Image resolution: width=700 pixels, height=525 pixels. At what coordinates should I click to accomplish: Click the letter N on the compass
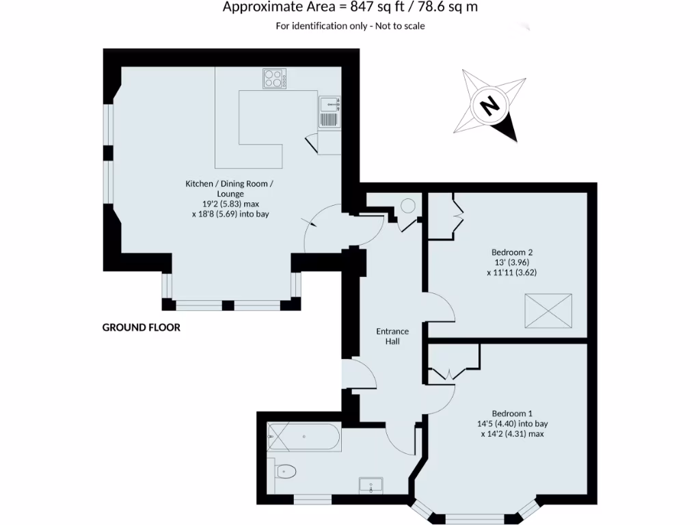pos(489,106)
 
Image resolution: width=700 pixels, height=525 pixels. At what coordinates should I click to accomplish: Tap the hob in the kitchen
pos(274,79)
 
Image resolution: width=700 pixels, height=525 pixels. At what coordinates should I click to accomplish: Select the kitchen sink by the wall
pos(329,104)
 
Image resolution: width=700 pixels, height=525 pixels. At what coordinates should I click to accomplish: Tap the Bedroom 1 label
pos(512,413)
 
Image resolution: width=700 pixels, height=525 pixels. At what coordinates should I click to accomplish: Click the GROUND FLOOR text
pos(142,327)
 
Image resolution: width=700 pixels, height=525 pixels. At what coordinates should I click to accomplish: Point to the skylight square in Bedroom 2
pos(548,310)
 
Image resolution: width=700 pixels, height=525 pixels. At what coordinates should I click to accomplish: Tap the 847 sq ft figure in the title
pos(375,8)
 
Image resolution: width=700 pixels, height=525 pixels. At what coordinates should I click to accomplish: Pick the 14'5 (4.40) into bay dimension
pos(512,423)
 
